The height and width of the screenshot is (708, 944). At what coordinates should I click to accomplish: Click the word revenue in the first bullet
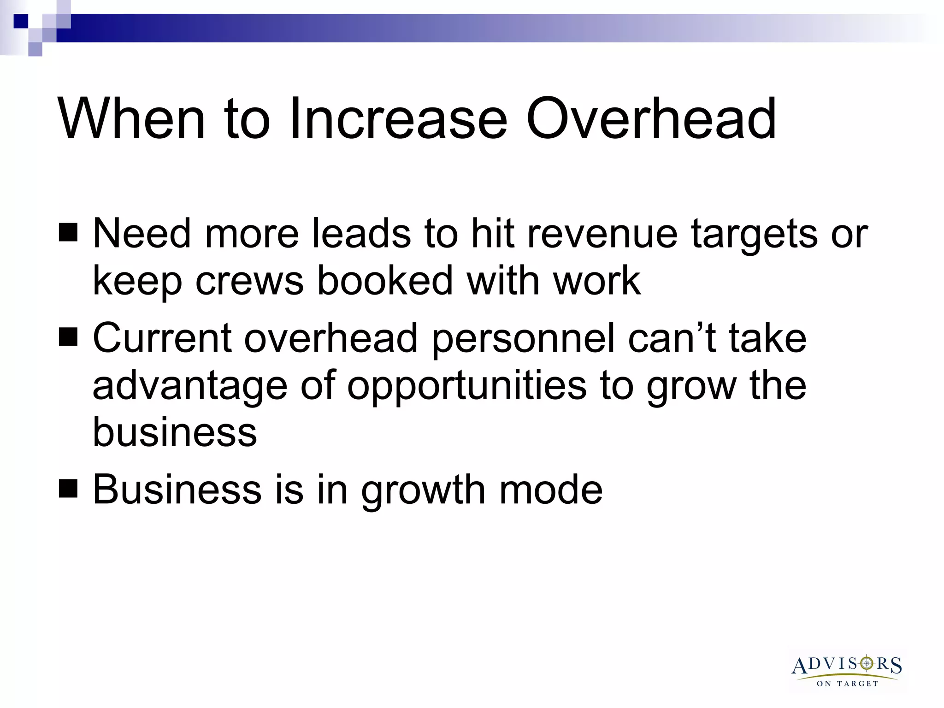pyautogui.click(x=602, y=234)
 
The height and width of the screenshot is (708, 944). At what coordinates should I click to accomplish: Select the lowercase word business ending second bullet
pyautogui.click(x=175, y=432)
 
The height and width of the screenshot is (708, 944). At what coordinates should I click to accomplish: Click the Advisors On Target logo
pyautogui.click(x=847, y=670)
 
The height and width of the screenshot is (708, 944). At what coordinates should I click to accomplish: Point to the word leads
pyautogui.click(x=361, y=233)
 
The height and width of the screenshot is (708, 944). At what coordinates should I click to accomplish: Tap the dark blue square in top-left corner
pyautogui.click(x=21, y=21)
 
